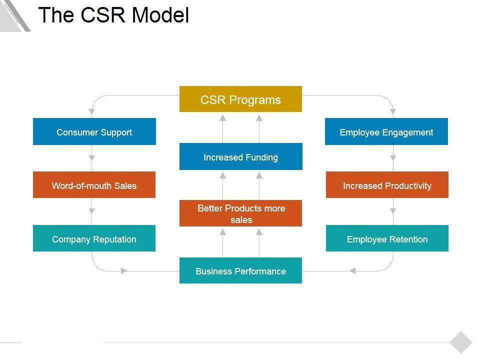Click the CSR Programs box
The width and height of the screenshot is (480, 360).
tap(240, 99)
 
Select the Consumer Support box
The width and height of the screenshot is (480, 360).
tap(94, 132)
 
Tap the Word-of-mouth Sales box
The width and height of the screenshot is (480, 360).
tap(94, 185)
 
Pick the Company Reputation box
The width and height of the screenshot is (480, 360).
tap(94, 238)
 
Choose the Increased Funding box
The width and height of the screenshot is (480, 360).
tap(240, 157)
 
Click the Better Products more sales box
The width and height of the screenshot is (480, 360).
tap(240, 213)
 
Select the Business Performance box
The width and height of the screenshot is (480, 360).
tap(240, 271)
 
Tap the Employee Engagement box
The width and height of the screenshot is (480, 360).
tap(386, 132)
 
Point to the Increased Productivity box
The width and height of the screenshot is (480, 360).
tap(387, 185)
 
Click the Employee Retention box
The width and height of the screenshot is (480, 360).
tap(387, 238)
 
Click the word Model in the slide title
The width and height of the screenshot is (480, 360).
tap(160, 15)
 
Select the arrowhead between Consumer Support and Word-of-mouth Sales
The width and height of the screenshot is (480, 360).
tap(92, 158)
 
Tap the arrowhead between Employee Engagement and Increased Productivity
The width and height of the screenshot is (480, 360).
tap(393, 158)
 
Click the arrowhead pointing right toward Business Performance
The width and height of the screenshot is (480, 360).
tap(124, 271)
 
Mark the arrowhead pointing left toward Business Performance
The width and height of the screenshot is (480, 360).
tap(352, 271)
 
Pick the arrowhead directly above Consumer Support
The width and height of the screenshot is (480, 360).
tap(92, 111)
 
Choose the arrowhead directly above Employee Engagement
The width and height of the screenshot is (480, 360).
tap(393, 111)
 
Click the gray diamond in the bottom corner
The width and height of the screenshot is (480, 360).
tap(460, 342)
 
